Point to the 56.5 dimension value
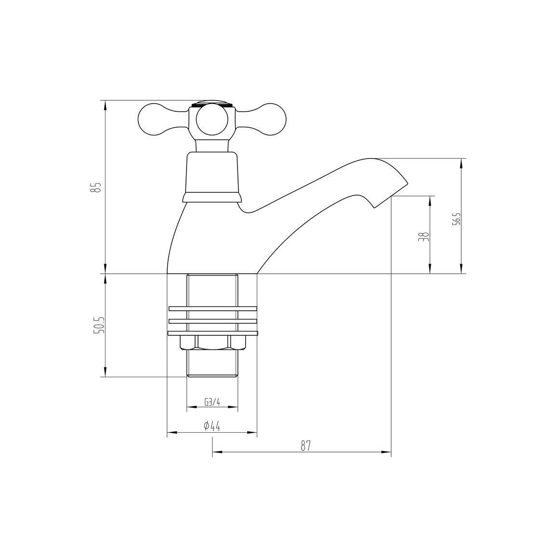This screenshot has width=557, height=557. tap(456, 219)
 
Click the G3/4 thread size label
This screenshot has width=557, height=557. tap(212, 402)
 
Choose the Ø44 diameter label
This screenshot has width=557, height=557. tap(212, 426)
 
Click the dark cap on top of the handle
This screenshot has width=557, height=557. tap(212, 103)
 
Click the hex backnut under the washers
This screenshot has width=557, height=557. tap(212, 343)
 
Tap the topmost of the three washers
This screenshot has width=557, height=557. tap(212, 308)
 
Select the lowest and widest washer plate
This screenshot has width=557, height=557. tap(212, 333)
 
